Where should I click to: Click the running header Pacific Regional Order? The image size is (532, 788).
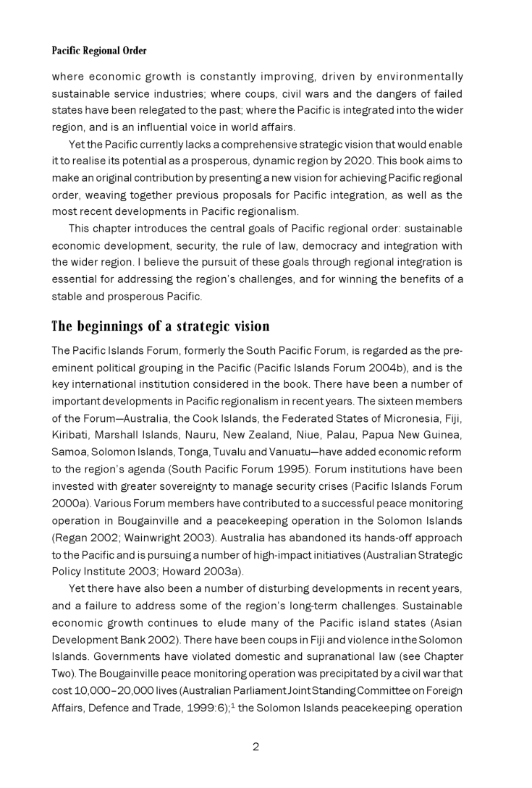(98, 51)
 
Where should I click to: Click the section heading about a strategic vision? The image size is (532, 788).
(160, 326)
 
